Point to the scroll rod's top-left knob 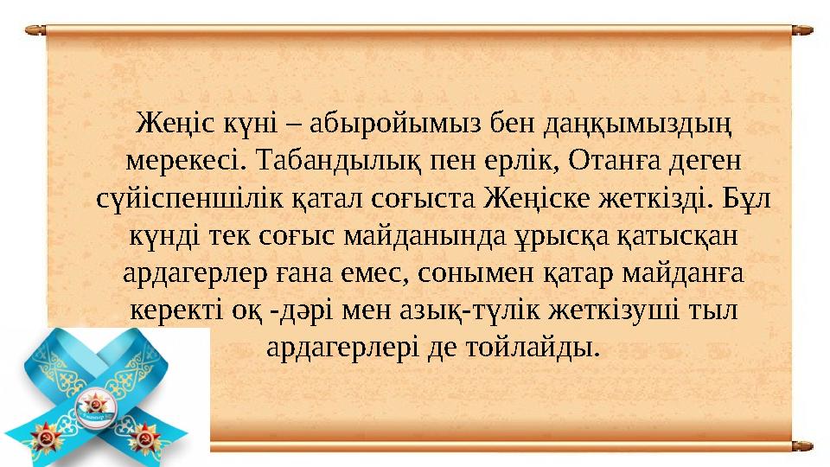[x=35, y=29]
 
